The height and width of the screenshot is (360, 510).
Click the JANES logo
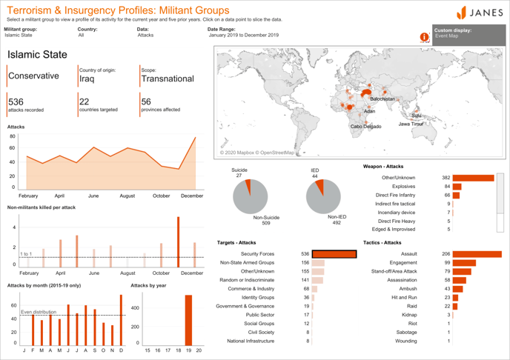click(479, 13)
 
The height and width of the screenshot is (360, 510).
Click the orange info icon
click(425, 36)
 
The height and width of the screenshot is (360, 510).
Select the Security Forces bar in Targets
click(334, 254)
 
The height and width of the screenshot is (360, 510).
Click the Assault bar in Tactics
click(477, 254)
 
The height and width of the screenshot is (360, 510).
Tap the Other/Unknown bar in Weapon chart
click(473, 178)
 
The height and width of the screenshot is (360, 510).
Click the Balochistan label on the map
click(382, 99)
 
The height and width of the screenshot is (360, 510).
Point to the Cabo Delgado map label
click(366, 127)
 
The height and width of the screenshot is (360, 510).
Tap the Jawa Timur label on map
click(411, 124)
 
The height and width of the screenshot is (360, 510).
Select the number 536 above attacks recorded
click(16, 101)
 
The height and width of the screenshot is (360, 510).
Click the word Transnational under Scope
click(167, 79)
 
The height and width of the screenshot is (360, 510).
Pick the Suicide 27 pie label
click(239, 173)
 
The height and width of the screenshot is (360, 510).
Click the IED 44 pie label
click(314, 173)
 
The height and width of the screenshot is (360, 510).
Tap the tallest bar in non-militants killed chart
click(178, 240)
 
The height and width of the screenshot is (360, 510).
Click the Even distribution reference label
click(37, 312)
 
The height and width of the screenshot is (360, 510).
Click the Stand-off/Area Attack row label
click(391, 271)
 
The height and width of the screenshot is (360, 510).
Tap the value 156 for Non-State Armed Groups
click(305, 262)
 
